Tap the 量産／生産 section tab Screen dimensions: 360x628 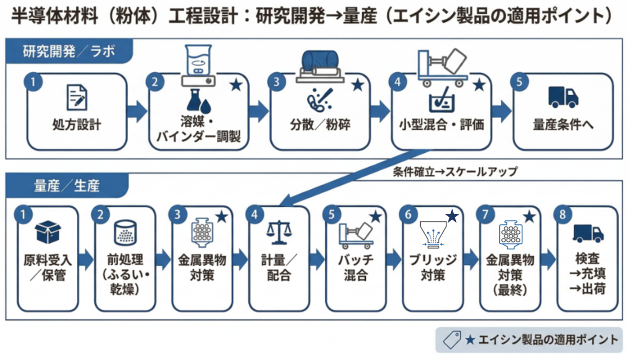coord(66,185)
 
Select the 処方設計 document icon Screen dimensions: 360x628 coord(77,98)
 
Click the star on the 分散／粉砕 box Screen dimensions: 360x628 coord(358,85)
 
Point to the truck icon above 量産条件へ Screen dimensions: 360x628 coord(563,97)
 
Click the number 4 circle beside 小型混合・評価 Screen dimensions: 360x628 coord(399,82)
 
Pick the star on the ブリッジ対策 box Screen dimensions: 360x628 coord(452,216)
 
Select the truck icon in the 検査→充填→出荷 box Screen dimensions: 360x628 coord(588,232)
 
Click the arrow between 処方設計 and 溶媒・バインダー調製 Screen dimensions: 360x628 coord(138,111)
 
